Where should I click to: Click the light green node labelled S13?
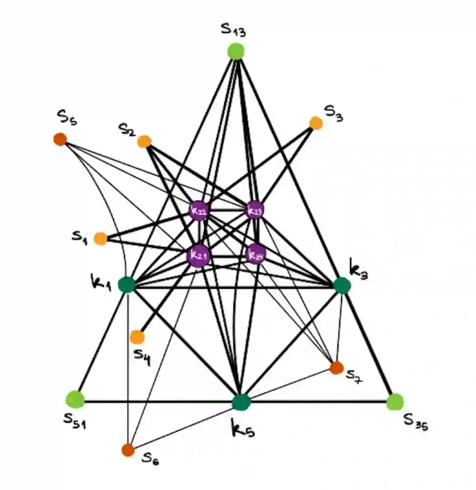pos(236,51)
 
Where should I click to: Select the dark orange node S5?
pos(60,139)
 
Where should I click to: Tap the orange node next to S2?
pos(144,142)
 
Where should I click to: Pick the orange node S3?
pos(316,123)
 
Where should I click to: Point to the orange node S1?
pos(100,238)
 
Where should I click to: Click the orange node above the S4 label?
pos(137,337)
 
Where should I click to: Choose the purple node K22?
pos(198,211)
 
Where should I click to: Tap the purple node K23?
pos(255,210)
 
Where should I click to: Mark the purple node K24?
pos(255,254)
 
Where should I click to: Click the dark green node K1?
pos(127,285)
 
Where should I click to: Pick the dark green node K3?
pos(341,286)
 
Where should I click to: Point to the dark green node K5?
pos(241,402)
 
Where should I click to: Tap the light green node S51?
pos(75,399)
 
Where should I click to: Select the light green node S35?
pos(395,402)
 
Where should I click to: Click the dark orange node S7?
pos(336,367)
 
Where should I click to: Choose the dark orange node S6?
pos(128,450)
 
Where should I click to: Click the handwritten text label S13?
pos(233,31)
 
